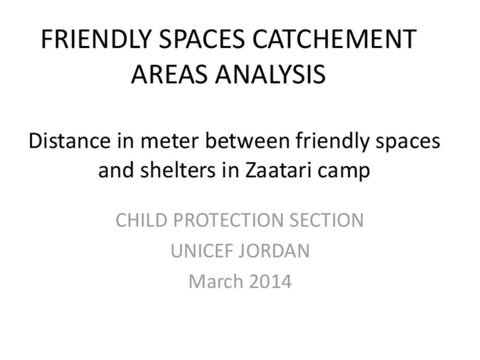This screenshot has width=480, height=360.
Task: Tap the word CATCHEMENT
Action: click(334, 39)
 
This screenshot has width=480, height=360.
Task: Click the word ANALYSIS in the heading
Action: click(270, 75)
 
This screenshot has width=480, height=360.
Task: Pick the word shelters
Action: click(178, 170)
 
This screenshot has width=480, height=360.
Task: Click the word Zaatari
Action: click(277, 170)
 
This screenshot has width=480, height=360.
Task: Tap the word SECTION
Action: click(327, 220)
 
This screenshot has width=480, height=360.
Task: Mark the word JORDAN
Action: click(274, 251)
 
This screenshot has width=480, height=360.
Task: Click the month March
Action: click(215, 281)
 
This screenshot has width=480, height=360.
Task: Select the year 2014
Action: click(270, 282)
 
